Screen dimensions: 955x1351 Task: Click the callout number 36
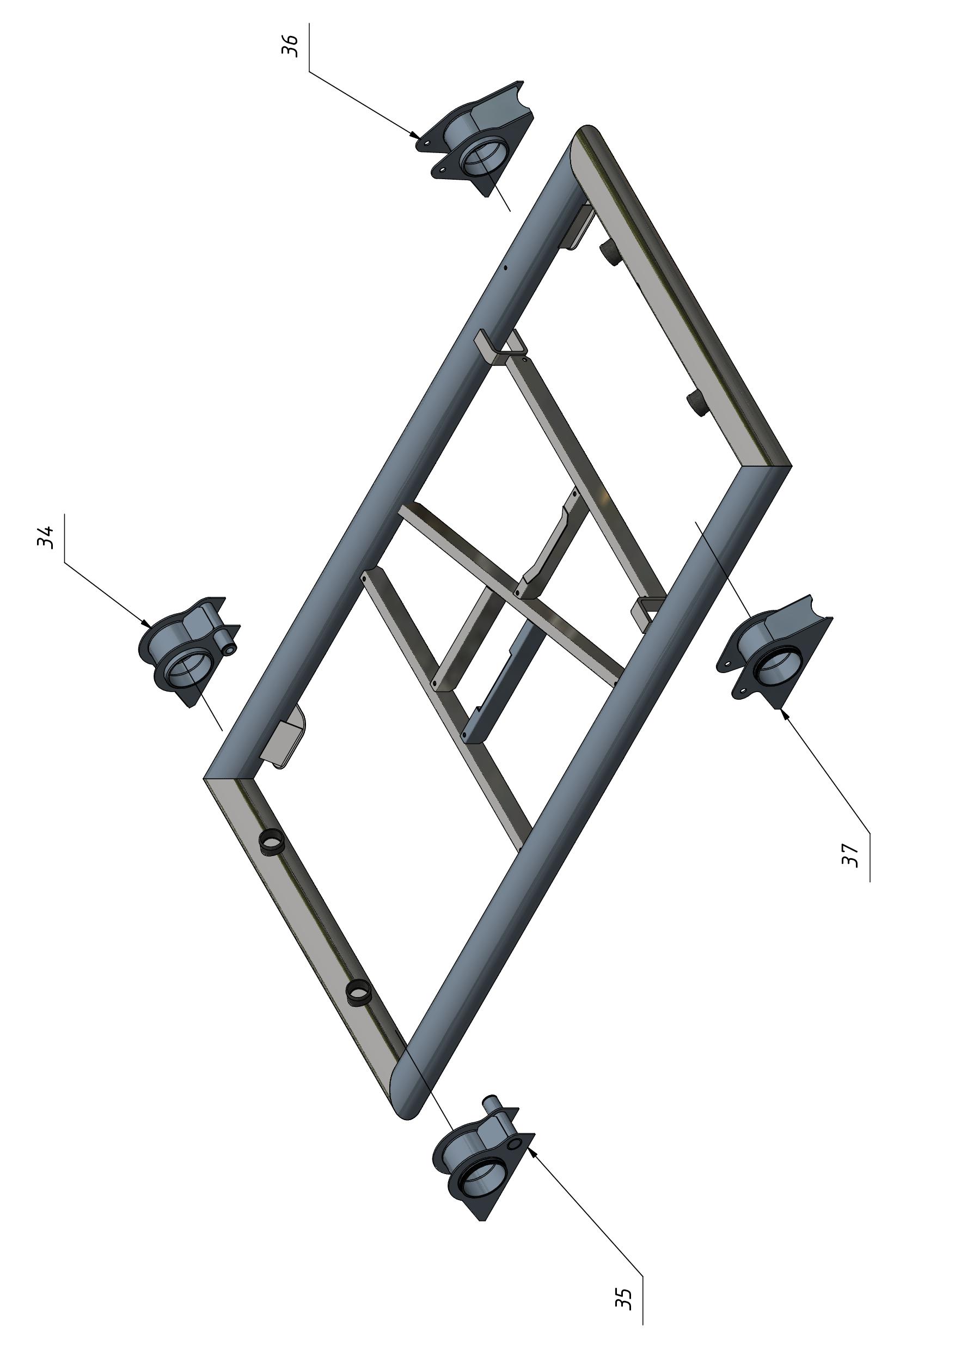290,46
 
